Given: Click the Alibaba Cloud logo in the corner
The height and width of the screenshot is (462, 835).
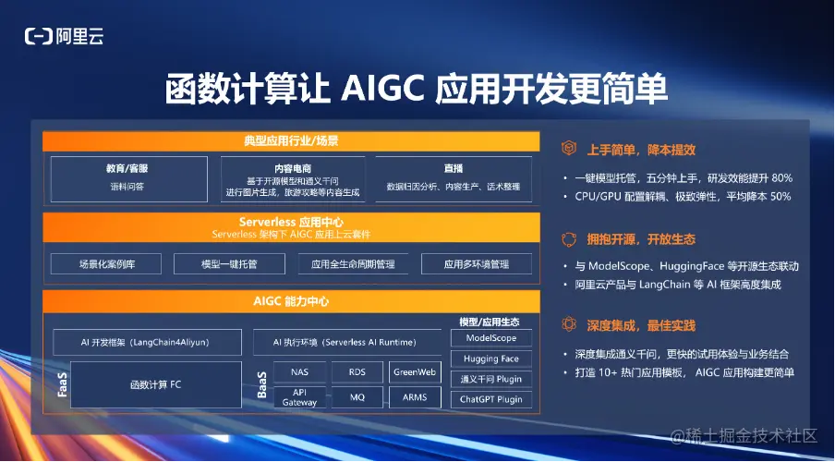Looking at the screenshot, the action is click(64, 36).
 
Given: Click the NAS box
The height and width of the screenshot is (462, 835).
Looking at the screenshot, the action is click(300, 372).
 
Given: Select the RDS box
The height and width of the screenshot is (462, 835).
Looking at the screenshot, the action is click(357, 372).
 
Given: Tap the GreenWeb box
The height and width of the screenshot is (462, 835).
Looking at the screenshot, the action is click(415, 372).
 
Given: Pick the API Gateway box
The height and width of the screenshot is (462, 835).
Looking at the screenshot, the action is click(300, 397).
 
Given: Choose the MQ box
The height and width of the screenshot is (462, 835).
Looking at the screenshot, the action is click(357, 397).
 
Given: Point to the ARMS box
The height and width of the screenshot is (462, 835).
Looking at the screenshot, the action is click(415, 397).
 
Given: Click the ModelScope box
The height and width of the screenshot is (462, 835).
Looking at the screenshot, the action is click(491, 338).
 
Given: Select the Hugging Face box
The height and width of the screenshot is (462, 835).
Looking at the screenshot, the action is click(491, 359).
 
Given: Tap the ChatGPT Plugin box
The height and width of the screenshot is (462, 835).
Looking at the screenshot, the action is click(491, 399).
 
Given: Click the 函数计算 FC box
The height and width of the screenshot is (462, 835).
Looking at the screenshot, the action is click(156, 384).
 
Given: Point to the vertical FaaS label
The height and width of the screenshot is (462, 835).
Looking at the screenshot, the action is click(62, 384).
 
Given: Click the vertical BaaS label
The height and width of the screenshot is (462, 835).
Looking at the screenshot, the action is click(262, 384).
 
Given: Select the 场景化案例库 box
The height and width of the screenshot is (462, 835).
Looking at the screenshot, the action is click(106, 263).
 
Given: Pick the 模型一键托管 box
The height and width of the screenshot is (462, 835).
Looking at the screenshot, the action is click(229, 263).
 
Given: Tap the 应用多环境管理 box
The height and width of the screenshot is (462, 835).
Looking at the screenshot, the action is click(477, 263).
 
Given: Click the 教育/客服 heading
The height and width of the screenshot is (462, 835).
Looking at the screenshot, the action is click(127, 168).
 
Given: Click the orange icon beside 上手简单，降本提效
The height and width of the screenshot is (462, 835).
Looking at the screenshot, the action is click(569, 148).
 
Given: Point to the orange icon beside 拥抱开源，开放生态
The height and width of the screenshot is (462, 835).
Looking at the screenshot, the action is click(569, 239).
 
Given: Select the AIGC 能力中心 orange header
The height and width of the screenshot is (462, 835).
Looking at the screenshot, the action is click(291, 301).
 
